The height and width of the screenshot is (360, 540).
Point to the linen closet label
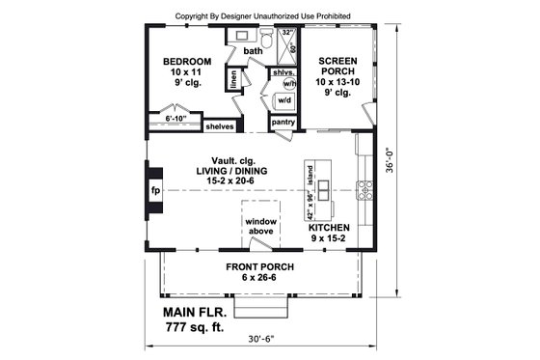tap(233, 76)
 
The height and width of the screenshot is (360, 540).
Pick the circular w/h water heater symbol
tap(287, 83)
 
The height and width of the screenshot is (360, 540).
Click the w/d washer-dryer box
tap(284, 100)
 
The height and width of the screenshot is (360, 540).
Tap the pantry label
tap(283, 123)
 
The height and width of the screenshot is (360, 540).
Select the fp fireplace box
tap(154, 190)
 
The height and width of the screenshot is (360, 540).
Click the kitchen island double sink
tap(323, 186)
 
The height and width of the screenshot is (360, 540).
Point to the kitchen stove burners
tap(365, 189)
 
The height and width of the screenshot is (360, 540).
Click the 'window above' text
tap(260, 227)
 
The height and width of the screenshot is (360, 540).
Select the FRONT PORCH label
tap(259, 266)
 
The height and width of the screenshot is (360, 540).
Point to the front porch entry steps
tap(261, 307)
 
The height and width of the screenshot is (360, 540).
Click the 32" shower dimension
tap(287, 32)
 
